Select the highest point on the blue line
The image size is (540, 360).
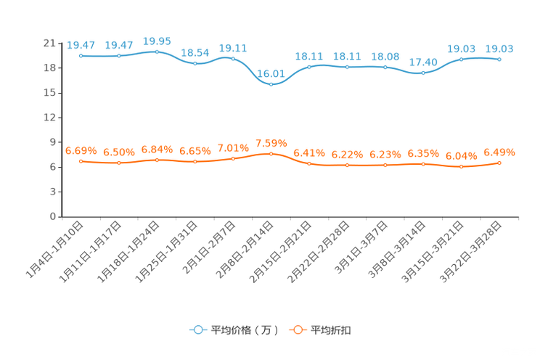[157, 52]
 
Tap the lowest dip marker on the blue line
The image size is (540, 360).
[271, 83]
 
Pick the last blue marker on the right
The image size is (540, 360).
[499, 60]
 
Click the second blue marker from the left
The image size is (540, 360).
[119, 56]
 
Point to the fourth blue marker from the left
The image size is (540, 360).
[195, 64]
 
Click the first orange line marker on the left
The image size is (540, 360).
[81, 161]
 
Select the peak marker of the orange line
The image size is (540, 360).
[271, 154]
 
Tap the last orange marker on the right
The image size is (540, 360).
[499, 163]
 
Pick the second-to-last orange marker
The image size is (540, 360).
[462, 167]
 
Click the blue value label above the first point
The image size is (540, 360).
[81, 45]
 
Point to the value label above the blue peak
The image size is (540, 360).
[157, 41]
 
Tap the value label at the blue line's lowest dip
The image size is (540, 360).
[271, 73]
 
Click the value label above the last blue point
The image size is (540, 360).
[499, 49]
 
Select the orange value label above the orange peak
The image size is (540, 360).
[271, 142]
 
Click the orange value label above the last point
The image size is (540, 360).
[499, 152]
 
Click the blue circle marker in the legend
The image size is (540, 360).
[197, 330]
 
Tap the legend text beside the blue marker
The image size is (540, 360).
[244, 330]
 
